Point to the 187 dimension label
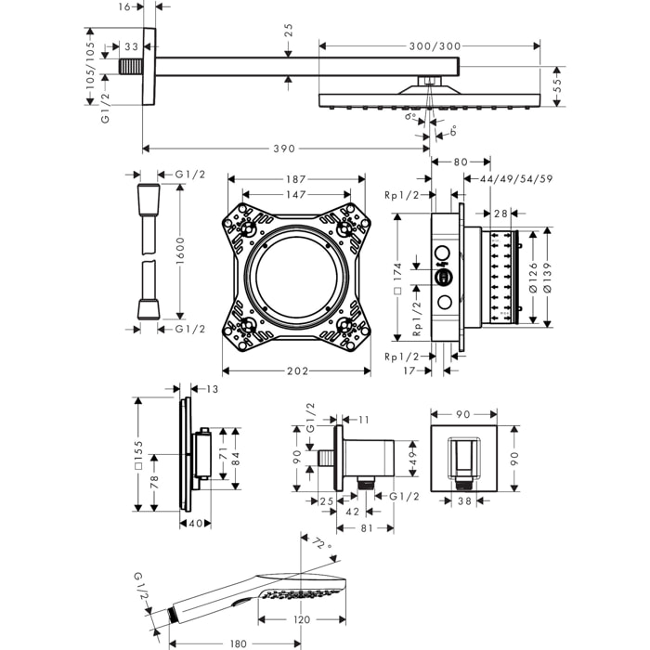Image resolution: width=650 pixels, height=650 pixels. (295, 179)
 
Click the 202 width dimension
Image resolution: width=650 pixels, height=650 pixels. (296, 371)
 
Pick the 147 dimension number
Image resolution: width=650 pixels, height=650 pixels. (295, 195)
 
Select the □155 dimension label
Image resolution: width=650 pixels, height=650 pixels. (137, 455)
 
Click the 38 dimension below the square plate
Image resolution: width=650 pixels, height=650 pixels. (463, 500)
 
